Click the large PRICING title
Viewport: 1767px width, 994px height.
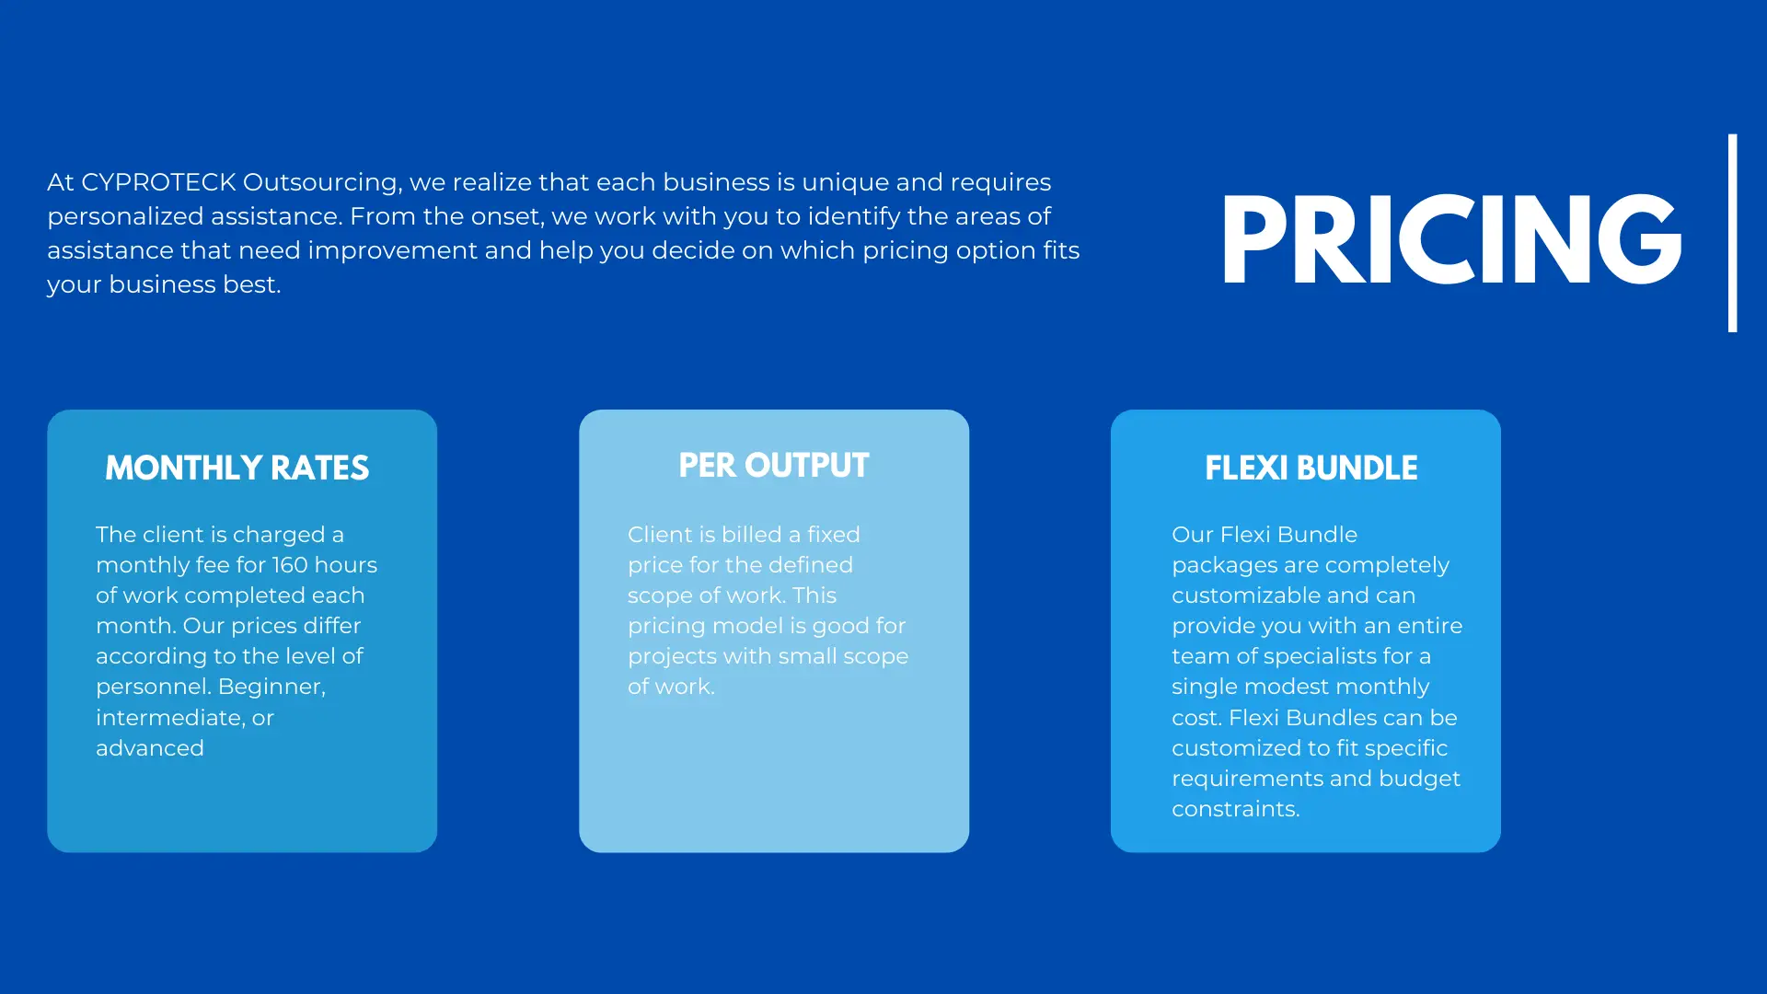tap(1451, 239)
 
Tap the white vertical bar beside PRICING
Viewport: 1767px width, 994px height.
tap(1733, 233)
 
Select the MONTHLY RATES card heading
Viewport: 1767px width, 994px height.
tap(237, 468)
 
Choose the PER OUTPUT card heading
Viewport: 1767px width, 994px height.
tap(774, 466)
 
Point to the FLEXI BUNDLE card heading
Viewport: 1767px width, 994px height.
tap(1311, 468)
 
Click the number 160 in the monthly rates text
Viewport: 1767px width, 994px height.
tap(290, 565)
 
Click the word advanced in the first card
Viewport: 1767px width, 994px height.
tap(150, 748)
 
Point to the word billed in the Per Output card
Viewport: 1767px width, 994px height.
tap(750, 535)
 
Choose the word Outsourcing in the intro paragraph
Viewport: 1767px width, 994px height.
tap(321, 183)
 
